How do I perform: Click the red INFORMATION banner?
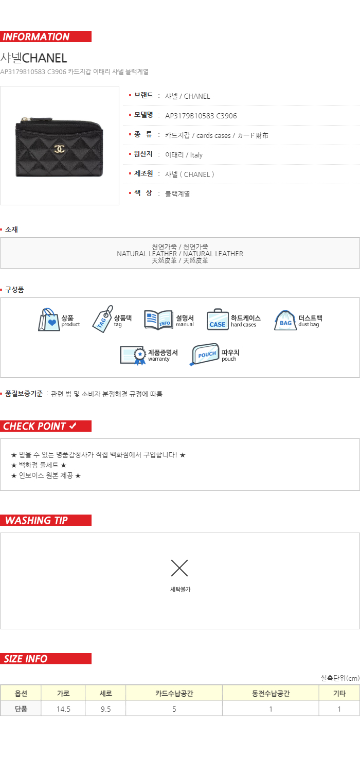(x=46, y=37)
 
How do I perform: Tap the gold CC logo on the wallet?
(x=60, y=149)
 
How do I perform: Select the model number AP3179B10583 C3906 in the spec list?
(x=201, y=116)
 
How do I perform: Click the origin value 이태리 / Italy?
(x=184, y=155)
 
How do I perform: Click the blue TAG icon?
(x=103, y=319)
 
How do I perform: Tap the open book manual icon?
(x=158, y=320)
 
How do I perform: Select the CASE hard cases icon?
(x=218, y=320)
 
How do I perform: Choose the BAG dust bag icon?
(x=285, y=320)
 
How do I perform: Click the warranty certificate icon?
(x=133, y=356)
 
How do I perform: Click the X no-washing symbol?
(x=179, y=568)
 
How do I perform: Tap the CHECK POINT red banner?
(x=46, y=426)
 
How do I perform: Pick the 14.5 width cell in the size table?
(x=63, y=709)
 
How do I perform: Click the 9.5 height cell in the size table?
(x=106, y=709)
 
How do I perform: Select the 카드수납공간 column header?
(x=174, y=694)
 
